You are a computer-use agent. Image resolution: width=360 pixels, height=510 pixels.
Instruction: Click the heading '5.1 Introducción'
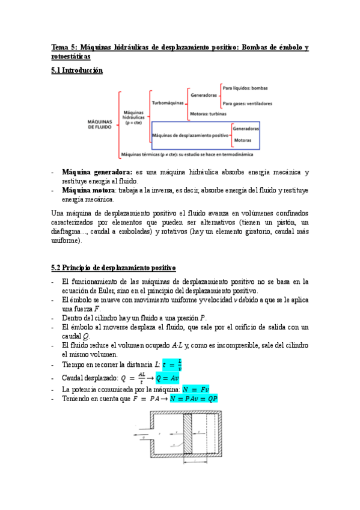point(77,70)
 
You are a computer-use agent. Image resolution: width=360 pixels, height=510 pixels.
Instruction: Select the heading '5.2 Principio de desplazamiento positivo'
point(113,267)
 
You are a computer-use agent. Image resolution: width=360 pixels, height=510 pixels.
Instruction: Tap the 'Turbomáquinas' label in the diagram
point(168,103)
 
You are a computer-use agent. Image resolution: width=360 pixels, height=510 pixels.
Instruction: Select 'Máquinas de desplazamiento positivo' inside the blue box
point(191,136)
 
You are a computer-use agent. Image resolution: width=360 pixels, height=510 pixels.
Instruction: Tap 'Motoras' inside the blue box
point(243,141)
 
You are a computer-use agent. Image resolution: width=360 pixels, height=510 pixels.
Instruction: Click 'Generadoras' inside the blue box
point(246,129)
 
